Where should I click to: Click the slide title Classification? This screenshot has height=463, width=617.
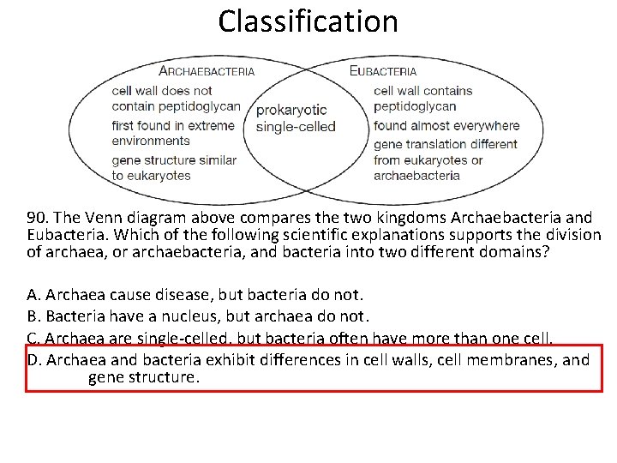308,21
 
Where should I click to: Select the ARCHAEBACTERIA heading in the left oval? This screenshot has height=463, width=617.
207,71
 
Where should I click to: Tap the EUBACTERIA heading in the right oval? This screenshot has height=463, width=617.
383,71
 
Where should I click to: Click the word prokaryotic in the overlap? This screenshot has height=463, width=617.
291,110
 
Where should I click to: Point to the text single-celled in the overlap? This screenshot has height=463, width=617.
296,127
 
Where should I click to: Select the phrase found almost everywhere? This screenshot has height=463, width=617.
446,125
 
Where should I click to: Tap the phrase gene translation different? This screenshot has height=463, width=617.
446,144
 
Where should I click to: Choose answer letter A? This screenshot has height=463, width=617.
34,296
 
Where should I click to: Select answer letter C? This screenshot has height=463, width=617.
34,339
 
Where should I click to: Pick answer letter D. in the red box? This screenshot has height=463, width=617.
35,360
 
